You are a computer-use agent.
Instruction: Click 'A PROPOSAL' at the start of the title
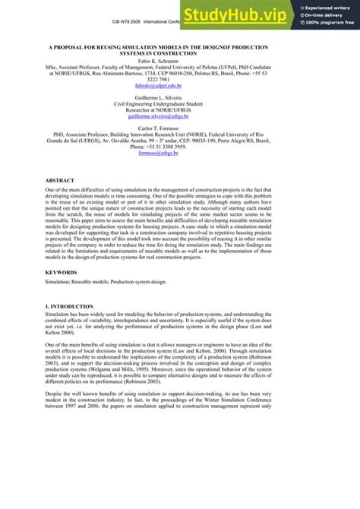69,46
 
